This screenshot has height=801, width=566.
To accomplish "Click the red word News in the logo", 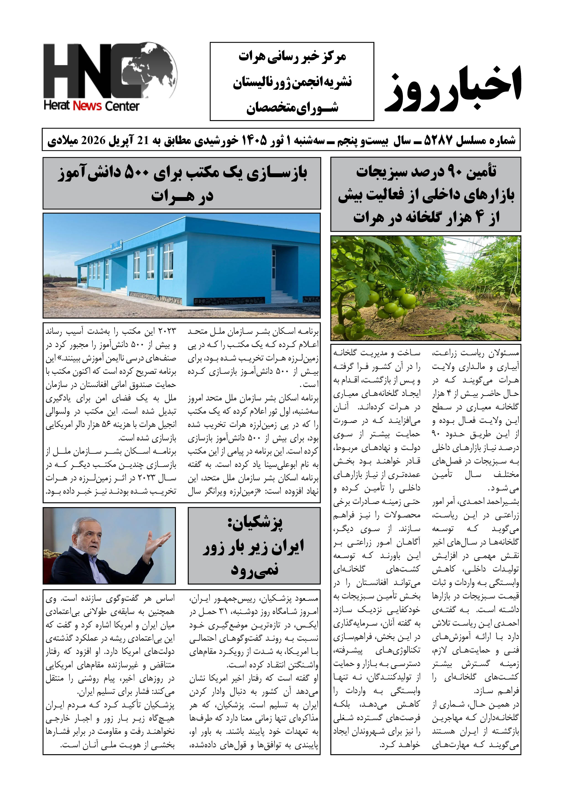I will [87, 106].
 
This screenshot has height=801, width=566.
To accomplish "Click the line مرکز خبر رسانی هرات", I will [292, 57].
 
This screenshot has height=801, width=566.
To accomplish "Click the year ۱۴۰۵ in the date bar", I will [253, 140].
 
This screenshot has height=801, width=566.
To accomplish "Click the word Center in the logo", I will [122, 106].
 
